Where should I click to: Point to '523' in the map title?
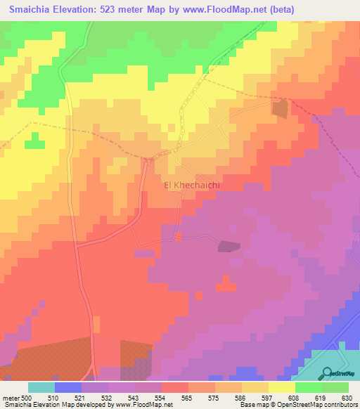coord(118,10)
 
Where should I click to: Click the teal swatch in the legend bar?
coord(41,387)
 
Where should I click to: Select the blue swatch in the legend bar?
coord(68,387)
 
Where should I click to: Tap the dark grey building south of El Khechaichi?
coord(229,246)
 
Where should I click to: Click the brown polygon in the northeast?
coord(281,109)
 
